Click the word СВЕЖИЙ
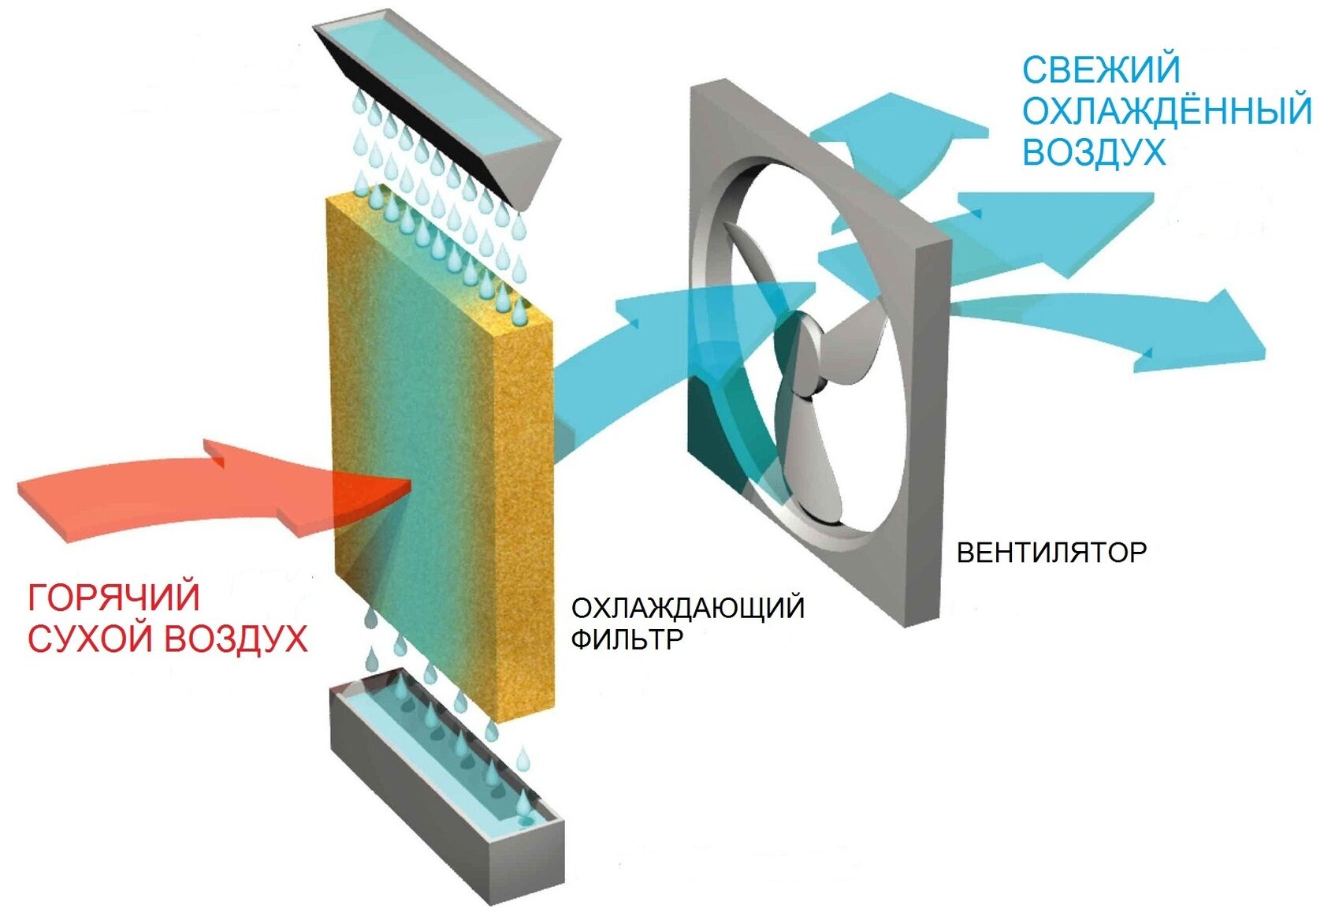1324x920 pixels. click(1100, 69)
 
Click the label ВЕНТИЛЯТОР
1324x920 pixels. click(1051, 553)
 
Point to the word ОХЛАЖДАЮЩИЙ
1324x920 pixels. click(688, 609)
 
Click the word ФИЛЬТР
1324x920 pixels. click(627, 639)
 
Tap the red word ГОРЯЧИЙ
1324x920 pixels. click(114, 598)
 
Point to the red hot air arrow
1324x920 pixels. click(213, 493)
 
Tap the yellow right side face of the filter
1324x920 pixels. click(525, 514)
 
